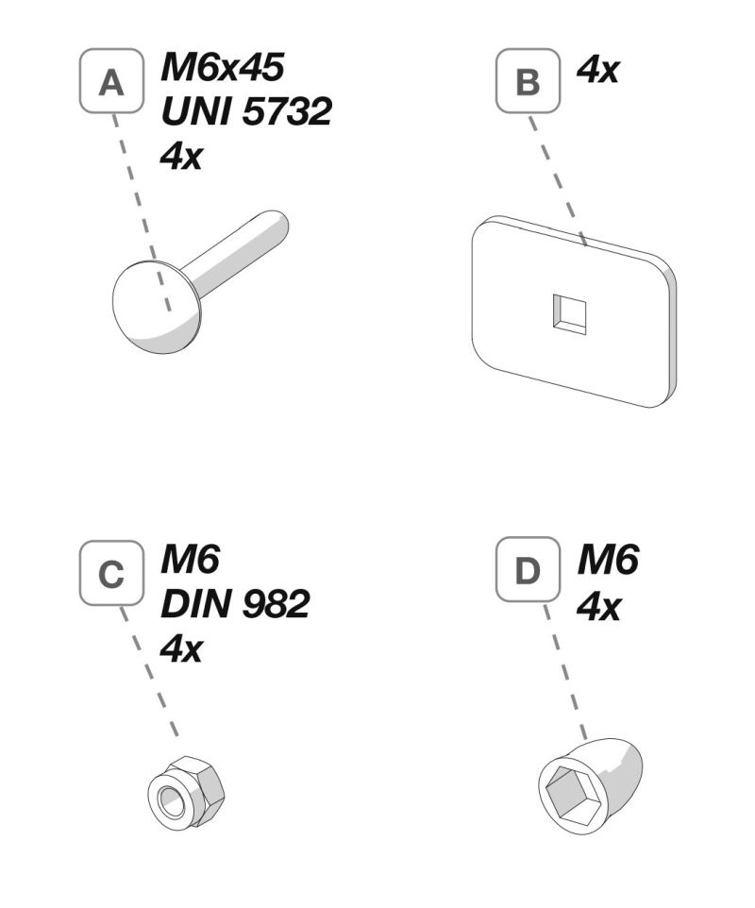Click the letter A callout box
[111, 82]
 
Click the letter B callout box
[528, 82]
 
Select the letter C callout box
[111, 574]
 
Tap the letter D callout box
[528, 574]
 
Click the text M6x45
[223, 67]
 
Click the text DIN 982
[234, 604]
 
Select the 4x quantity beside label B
[596, 68]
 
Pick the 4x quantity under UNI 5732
[180, 156]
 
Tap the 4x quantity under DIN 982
[180, 648]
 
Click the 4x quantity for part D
[597, 605]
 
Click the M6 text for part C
[190, 561]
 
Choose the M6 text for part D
[607, 561]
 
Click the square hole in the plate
[570, 312]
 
